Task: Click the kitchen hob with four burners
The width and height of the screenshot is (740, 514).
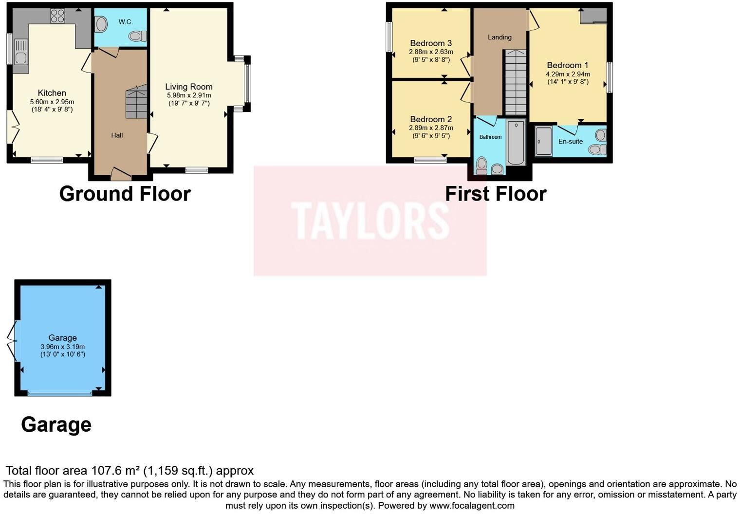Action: tap(57, 16)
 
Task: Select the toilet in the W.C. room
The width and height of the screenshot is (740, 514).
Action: tap(137, 36)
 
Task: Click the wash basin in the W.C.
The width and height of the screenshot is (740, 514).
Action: tap(101, 24)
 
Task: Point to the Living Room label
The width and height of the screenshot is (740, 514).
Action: tap(188, 87)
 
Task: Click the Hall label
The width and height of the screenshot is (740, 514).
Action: tap(117, 135)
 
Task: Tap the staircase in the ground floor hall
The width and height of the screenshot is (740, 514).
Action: tap(136, 101)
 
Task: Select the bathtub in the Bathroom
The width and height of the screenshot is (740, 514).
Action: tap(516, 143)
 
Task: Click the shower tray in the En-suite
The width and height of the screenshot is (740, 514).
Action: tap(543, 141)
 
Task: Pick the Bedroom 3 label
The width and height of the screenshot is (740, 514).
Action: tap(431, 43)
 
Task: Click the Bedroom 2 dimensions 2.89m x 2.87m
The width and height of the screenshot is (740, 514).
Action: tap(431, 128)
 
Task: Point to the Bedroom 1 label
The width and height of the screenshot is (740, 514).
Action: tap(568, 65)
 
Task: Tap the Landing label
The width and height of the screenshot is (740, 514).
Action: tap(499, 37)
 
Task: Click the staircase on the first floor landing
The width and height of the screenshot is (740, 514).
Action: tap(516, 82)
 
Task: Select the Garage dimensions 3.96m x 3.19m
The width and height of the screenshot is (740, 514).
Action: tap(63, 347)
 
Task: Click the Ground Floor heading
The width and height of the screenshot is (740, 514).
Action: tap(125, 194)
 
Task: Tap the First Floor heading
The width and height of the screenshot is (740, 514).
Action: tap(496, 194)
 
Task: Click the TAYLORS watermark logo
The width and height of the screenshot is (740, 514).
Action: tap(370, 220)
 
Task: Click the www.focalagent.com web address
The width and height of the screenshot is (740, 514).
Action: tap(472, 505)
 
